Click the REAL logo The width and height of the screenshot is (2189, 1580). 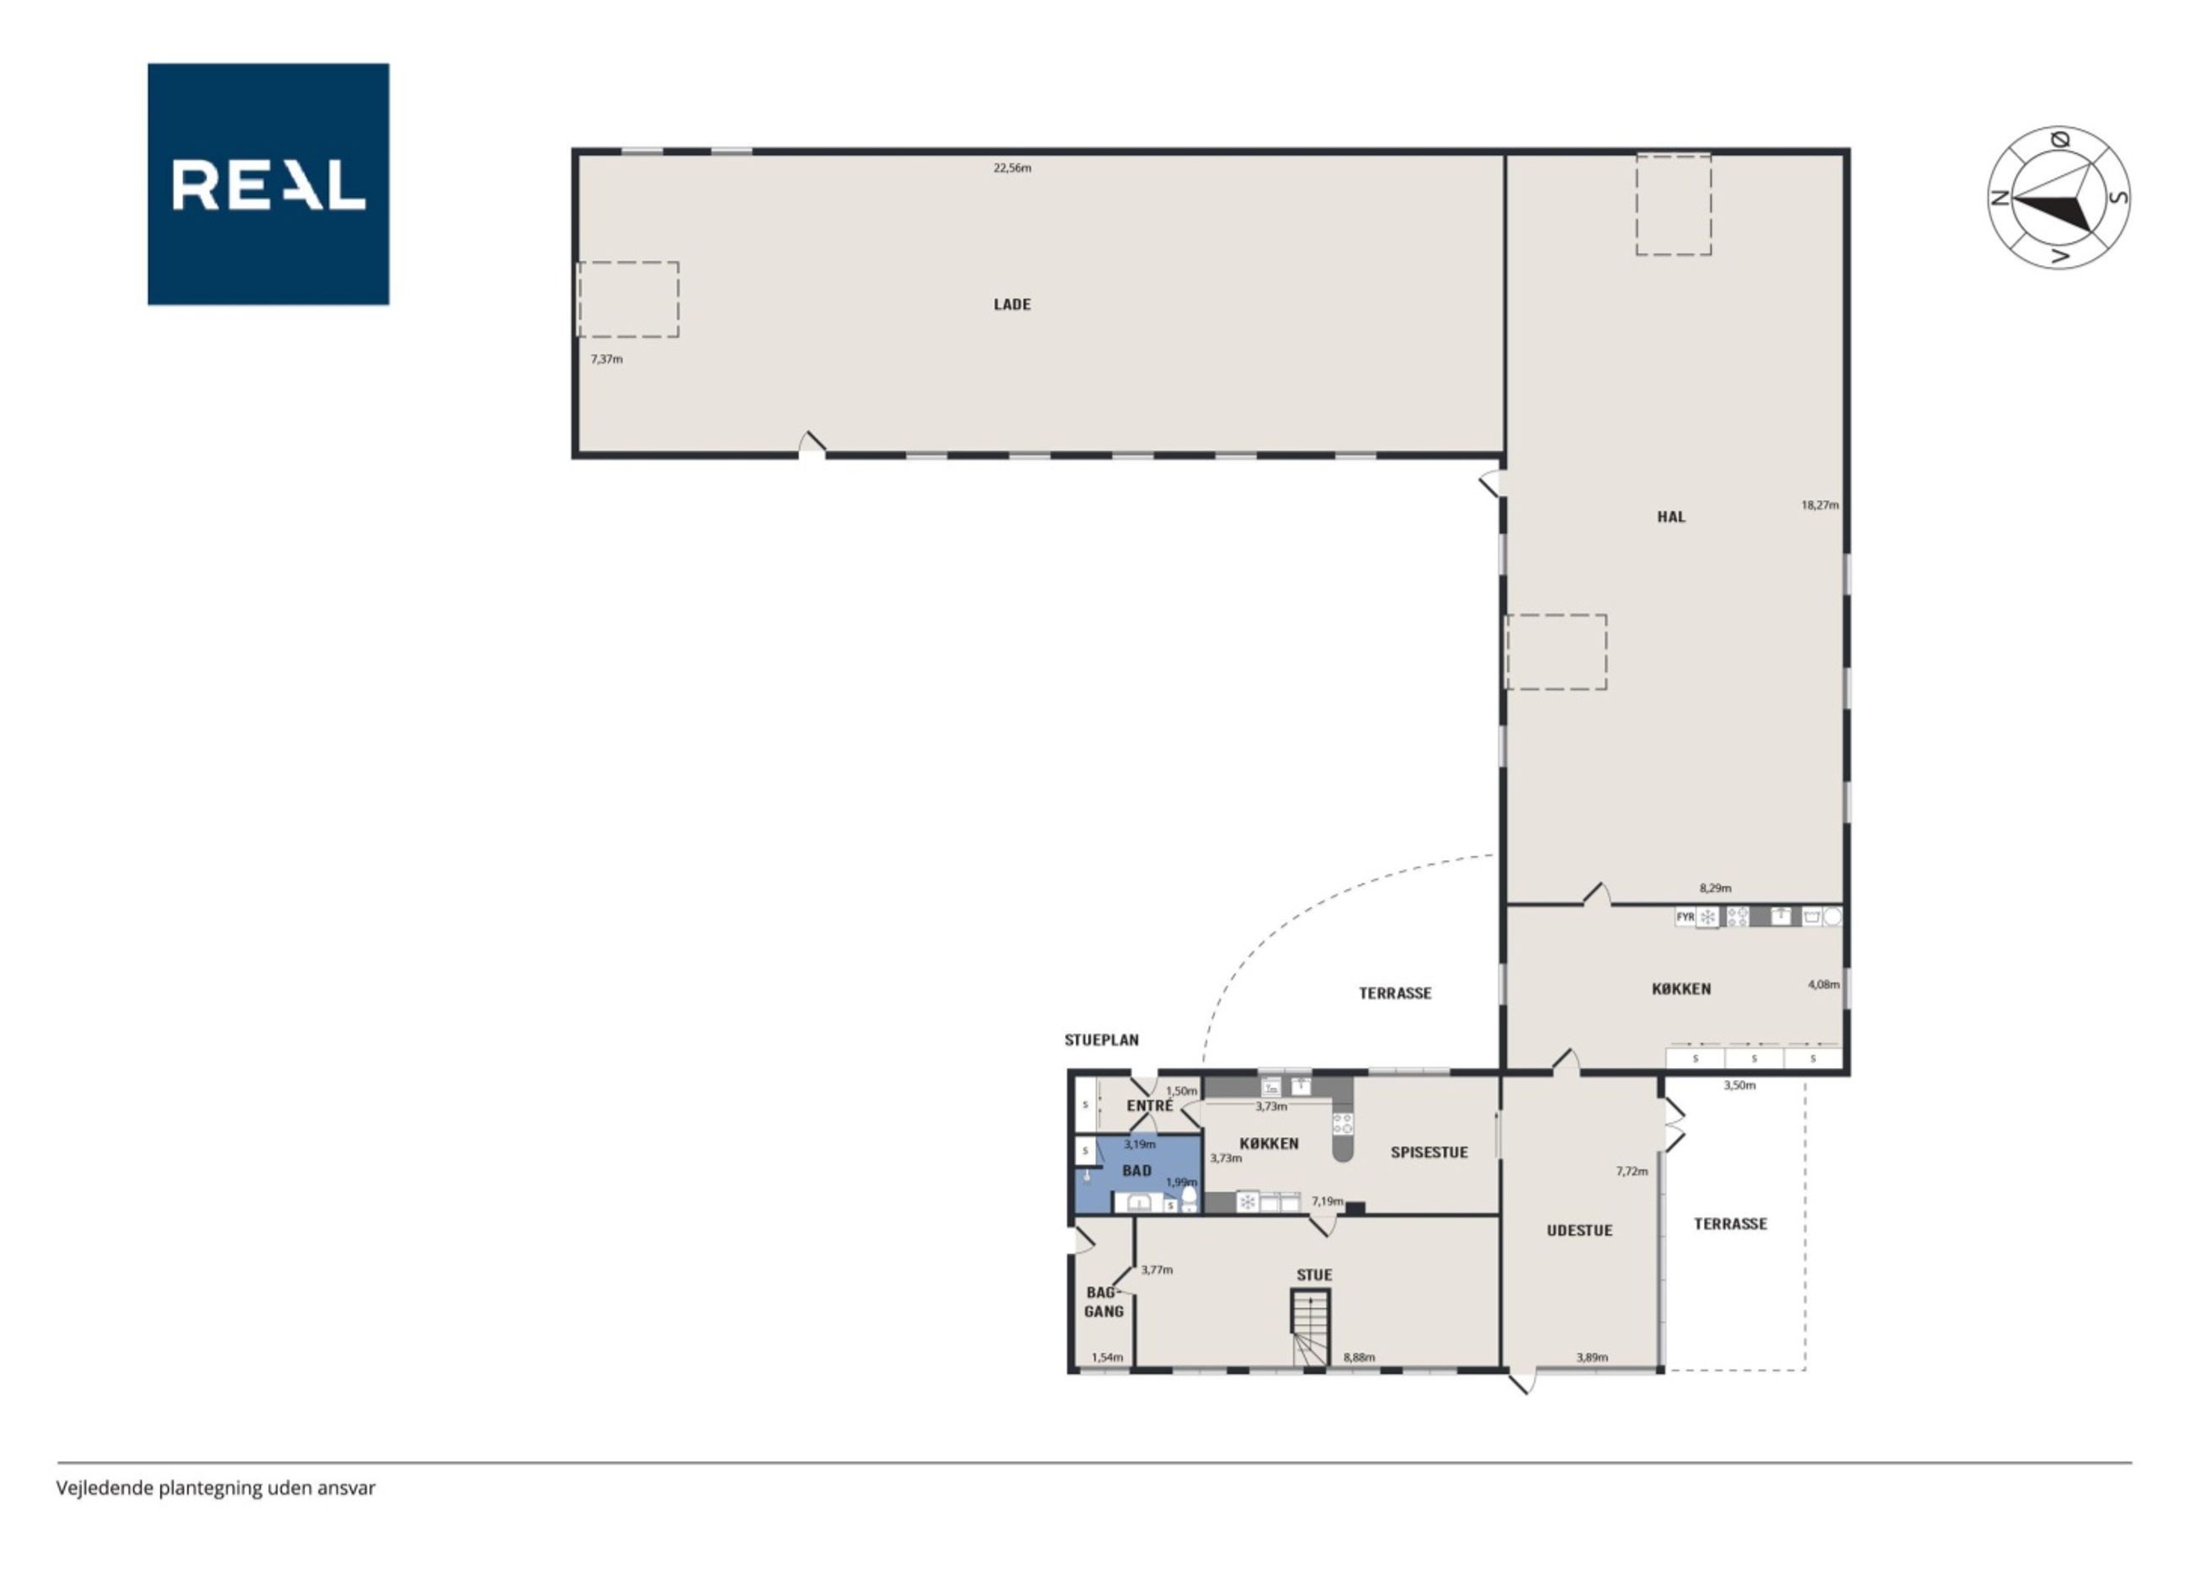click(269, 184)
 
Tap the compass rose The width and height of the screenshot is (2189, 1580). click(2059, 198)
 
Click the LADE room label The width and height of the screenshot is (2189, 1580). click(1013, 304)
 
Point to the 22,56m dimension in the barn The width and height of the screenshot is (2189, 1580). click(1013, 168)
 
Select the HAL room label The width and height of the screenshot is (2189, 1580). click(1672, 516)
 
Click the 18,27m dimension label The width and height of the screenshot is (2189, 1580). click(1819, 505)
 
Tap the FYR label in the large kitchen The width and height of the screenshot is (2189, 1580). click(1686, 917)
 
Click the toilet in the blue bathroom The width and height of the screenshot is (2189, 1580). click(1189, 1199)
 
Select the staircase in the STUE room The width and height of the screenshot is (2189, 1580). click(1311, 1329)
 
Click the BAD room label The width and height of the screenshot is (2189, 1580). click(1137, 1171)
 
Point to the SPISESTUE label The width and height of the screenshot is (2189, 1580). click(1430, 1152)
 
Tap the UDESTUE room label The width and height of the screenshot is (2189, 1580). click(1579, 1231)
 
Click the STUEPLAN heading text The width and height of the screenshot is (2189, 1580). click(1101, 1040)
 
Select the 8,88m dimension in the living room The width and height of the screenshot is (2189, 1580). click(1359, 1357)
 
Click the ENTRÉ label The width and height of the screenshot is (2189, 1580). click(1150, 1105)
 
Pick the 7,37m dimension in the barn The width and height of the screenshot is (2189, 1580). click(607, 359)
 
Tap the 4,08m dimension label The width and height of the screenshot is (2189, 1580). click(1824, 985)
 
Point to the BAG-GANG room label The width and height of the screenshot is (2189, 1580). click(1103, 1302)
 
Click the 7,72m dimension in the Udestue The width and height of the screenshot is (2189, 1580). click(1633, 1172)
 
